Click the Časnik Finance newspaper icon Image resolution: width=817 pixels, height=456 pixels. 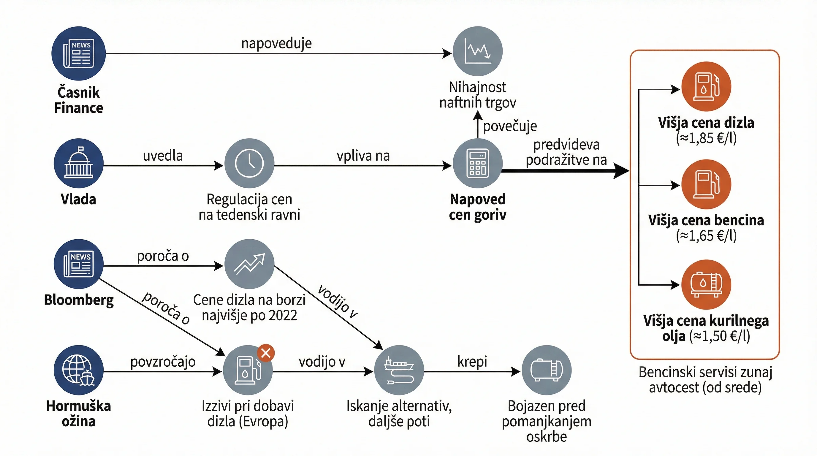tap(79, 53)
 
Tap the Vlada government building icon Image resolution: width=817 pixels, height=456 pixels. tap(79, 163)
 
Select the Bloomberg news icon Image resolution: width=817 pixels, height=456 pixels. tap(79, 264)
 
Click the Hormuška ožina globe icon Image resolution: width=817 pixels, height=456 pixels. tap(79, 370)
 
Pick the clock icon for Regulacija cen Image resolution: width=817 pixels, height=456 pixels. tap(249, 163)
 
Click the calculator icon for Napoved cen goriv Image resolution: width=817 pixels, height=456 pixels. tap(478, 163)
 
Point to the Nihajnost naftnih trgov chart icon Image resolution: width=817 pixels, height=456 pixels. tap(478, 51)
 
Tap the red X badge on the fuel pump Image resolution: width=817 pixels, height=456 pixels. tap(266, 353)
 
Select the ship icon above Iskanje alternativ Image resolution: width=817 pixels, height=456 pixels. tap(399, 370)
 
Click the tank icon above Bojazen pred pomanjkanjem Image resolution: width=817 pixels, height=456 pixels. tap(547, 370)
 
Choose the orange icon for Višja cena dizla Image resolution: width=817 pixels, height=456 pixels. tap(706, 86)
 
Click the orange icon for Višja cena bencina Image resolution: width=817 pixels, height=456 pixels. tap(706, 184)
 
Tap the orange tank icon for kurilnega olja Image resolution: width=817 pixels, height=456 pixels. tap(706, 284)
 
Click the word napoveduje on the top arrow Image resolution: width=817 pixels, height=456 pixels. tap(277, 43)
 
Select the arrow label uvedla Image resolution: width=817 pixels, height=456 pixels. tap(163, 156)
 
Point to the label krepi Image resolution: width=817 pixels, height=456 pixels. tap(472, 362)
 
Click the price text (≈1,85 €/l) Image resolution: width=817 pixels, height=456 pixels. tap(706, 138)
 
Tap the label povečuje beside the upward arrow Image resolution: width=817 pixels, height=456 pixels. tap(510, 126)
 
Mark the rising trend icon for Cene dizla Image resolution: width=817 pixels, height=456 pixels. tap(249, 264)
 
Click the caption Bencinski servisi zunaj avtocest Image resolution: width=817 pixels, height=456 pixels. tap(705, 380)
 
